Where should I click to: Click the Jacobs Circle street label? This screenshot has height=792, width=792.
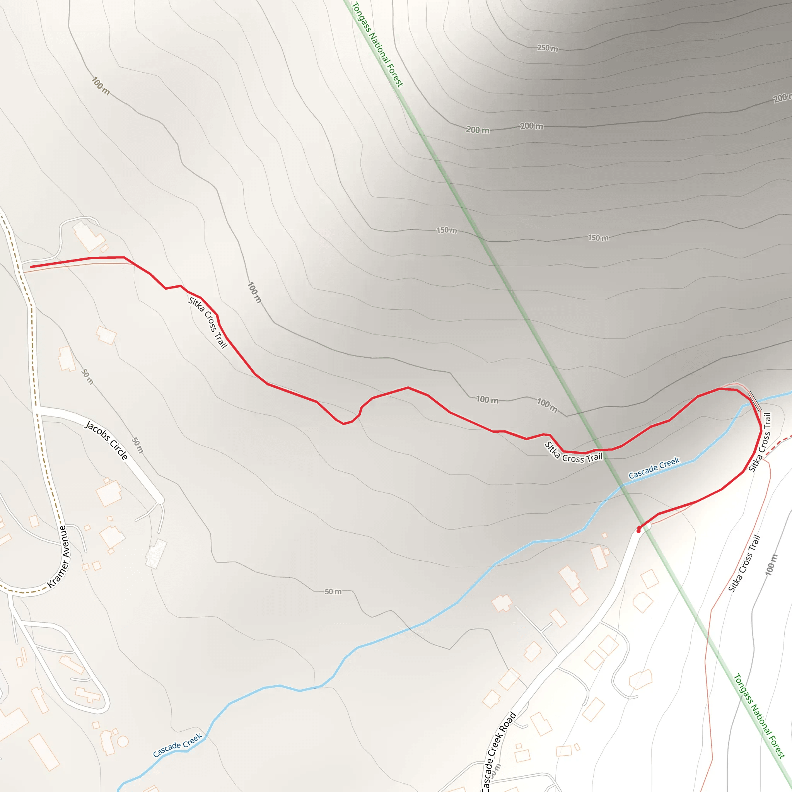coord(107,440)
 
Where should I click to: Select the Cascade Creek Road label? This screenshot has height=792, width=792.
coord(498,751)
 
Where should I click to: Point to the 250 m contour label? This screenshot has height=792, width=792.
coord(548,48)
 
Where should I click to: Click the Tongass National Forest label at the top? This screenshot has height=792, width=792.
coord(377,44)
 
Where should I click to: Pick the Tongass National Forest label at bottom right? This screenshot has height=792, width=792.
coord(759,716)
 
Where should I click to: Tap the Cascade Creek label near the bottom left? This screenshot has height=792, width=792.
coord(178,745)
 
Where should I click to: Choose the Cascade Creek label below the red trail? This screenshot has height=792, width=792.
coord(654,468)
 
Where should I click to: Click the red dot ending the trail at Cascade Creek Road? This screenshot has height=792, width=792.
coord(639,531)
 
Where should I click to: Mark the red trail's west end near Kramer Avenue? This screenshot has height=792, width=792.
coord(32,267)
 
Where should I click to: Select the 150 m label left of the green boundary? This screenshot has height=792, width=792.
coord(446,230)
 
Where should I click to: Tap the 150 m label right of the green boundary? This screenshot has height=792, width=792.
coord(598,238)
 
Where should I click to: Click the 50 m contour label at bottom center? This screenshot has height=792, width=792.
coord(333,592)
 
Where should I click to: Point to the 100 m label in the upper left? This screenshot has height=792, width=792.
coord(101,86)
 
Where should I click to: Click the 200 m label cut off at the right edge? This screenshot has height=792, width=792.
coord(782,98)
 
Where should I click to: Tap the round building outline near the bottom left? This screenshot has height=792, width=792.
coord(123,741)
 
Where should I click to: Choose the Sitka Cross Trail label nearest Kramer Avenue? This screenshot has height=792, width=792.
coord(207,323)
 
